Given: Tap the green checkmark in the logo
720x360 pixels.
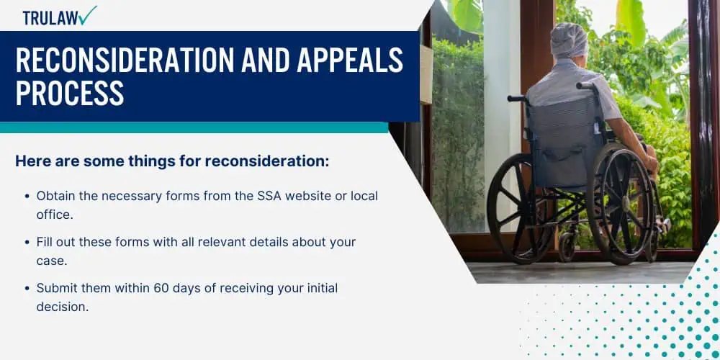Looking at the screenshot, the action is (x=88, y=15).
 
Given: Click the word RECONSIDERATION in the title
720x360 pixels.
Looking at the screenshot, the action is (x=125, y=60).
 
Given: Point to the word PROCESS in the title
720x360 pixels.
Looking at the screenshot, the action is (x=70, y=93).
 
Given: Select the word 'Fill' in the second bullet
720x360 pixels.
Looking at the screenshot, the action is (x=44, y=242).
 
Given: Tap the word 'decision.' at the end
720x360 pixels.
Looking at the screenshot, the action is (x=63, y=307).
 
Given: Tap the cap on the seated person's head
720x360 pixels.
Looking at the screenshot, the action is (x=569, y=40).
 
